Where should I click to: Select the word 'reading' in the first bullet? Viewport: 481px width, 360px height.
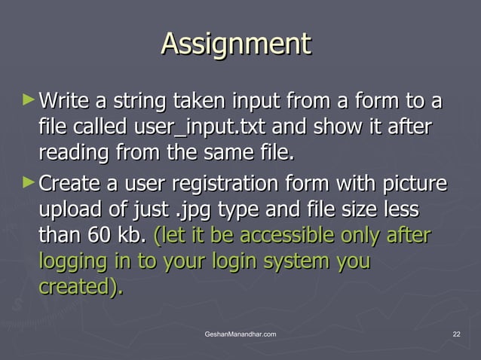73,154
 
